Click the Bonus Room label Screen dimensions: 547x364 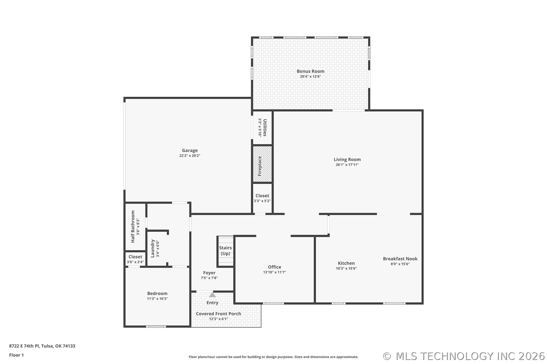310,71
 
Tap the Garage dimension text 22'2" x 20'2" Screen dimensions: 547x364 190,156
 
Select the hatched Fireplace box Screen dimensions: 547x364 262,164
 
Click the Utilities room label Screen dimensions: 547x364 265,128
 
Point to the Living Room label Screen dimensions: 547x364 347,160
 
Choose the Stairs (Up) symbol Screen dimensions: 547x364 225,251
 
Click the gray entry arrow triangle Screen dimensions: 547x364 213,295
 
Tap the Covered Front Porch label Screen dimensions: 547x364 218,314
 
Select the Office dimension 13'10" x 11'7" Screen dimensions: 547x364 274,272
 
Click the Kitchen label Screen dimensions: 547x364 346,263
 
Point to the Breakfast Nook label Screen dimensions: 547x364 400,259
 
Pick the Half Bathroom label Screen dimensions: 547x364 133,227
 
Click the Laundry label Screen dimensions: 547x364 153,249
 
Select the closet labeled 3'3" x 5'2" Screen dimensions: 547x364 262,198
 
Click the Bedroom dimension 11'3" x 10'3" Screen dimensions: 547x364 157,299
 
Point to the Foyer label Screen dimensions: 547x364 209,273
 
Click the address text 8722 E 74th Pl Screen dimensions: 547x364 24,346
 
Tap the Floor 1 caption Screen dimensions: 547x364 16,355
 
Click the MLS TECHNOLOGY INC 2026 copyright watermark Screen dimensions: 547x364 464,356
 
